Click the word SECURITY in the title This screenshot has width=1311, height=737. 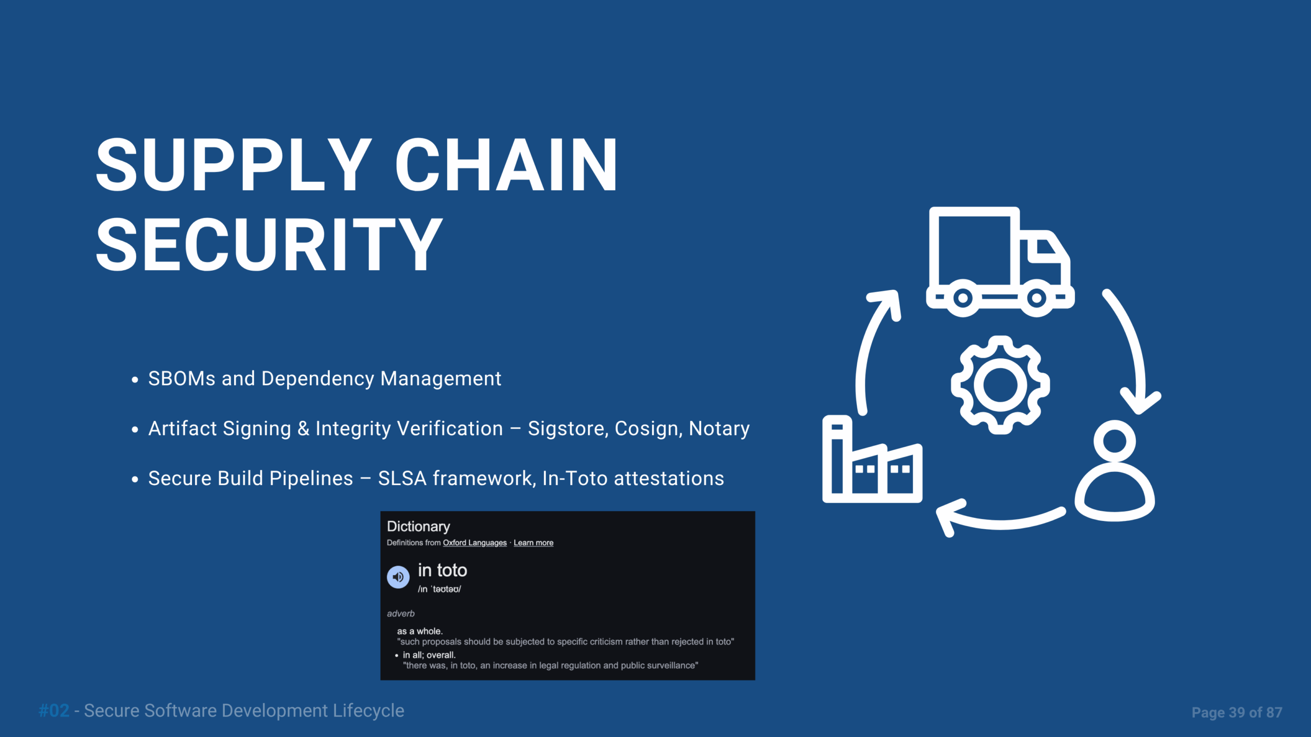269,244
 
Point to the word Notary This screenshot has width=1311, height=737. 719,429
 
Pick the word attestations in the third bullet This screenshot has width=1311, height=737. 669,479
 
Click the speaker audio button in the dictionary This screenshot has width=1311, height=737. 398,577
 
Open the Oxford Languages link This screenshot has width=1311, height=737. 475,543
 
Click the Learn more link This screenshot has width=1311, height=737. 534,543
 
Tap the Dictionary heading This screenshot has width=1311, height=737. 418,527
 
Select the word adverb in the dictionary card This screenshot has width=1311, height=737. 400,614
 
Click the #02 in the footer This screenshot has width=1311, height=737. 54,711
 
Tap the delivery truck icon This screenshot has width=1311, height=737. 1000,261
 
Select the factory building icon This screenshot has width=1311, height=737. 872,460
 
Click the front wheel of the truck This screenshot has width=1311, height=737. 1037,298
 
